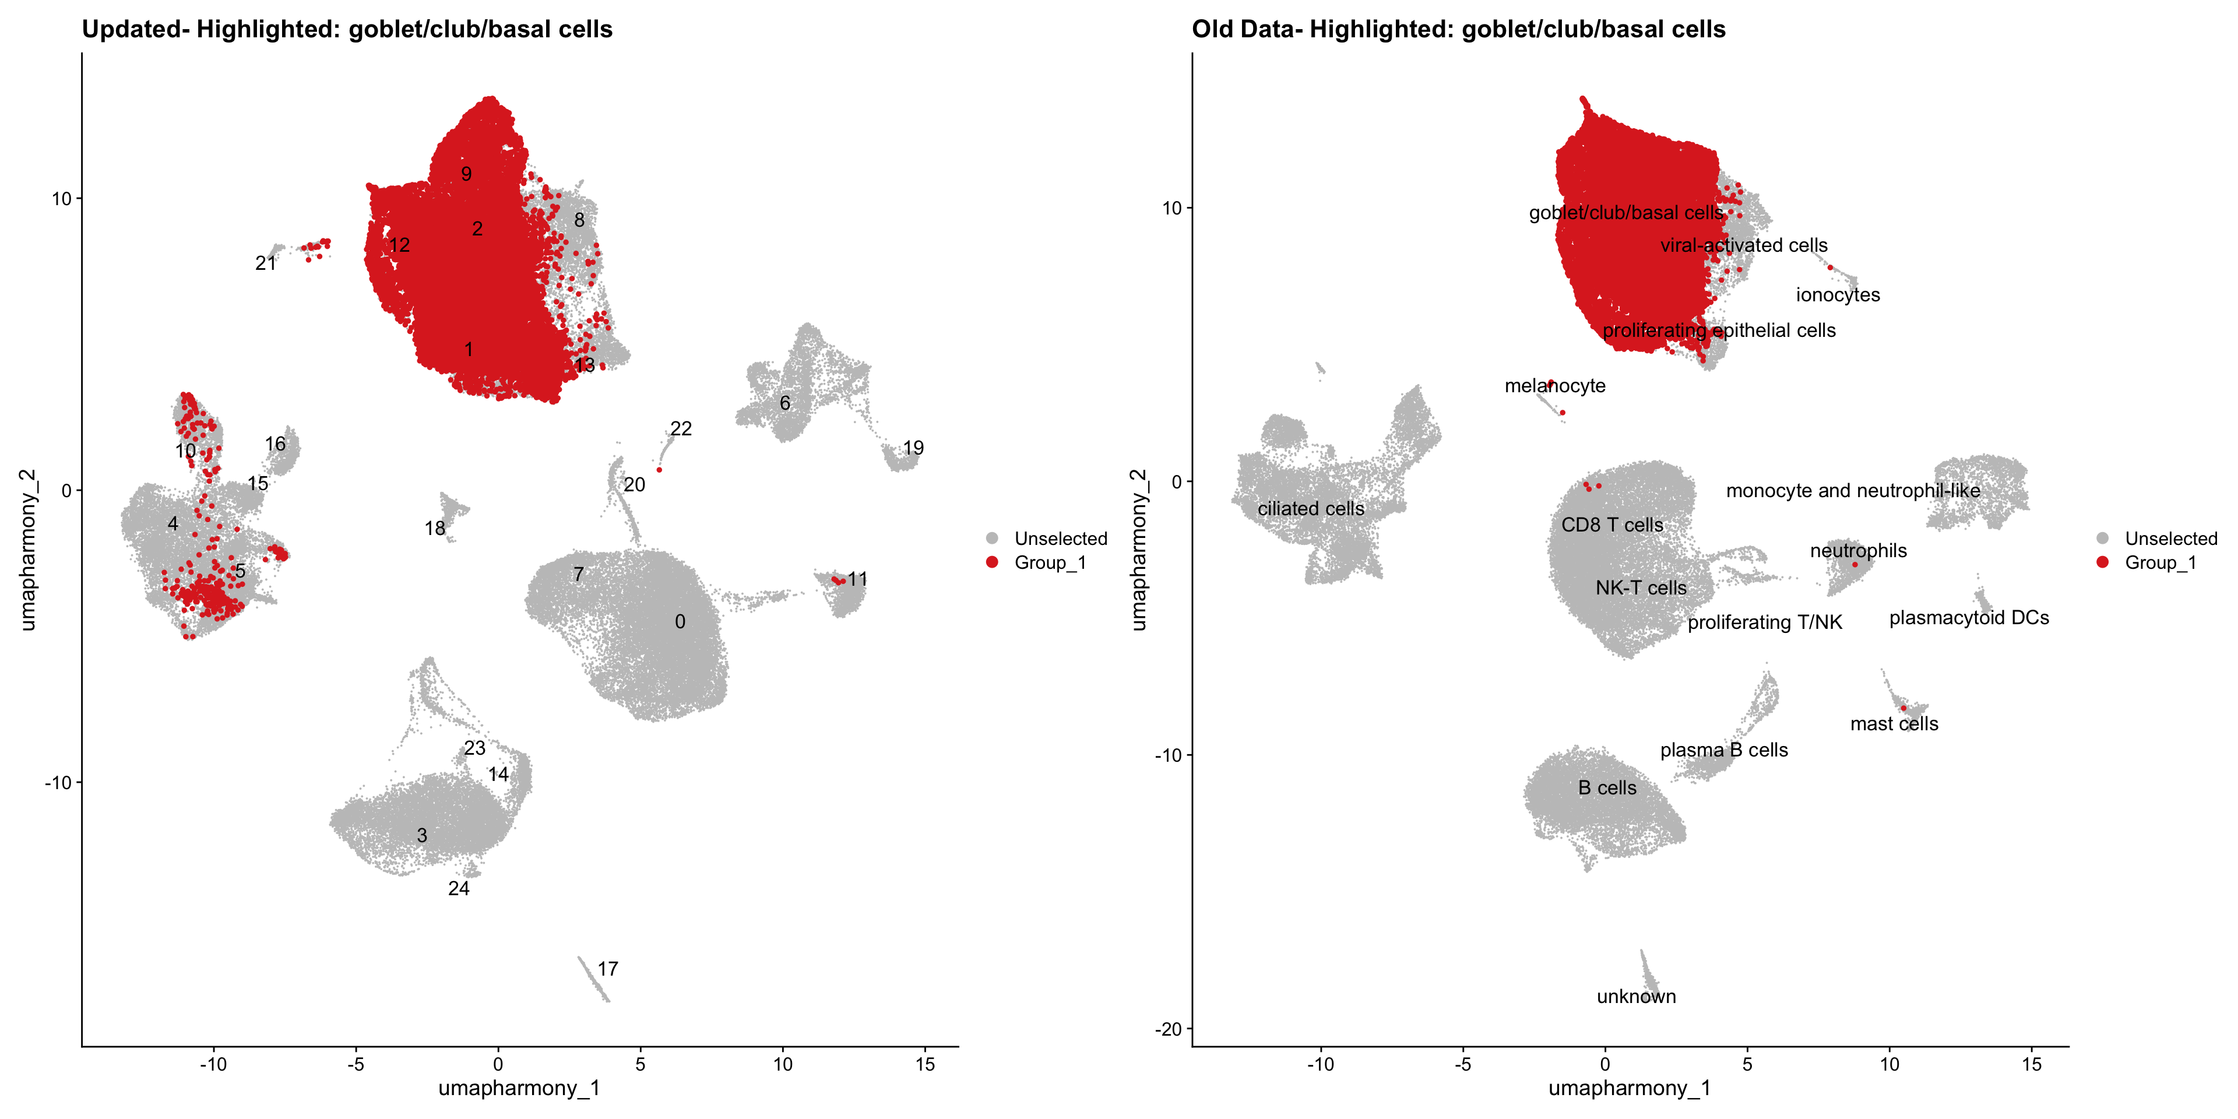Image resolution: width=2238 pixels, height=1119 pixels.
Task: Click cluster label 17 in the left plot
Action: [x=607, y=969]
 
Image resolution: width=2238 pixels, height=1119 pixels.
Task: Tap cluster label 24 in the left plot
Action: [x=459, y=888]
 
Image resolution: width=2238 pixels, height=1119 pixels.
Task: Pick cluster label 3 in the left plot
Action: [x=422, y=835]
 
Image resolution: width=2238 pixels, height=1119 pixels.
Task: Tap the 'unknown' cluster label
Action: [x=1636, y=997]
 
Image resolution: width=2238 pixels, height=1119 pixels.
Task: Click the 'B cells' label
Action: [x=1607, y=788]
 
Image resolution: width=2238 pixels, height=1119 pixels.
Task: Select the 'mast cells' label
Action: [x=1894, y=724]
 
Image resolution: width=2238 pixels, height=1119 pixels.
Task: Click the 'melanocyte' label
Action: [x=1555, y=386]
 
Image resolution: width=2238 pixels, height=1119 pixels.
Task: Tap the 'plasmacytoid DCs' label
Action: [x=1969, y=618]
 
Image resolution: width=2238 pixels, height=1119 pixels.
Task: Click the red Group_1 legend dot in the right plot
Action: [x=2102, y=562]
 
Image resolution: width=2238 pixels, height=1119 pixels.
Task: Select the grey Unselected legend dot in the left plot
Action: [x=992, y=539]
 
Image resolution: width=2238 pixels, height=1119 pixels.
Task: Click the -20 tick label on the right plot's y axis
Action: [x=1167, y=1029]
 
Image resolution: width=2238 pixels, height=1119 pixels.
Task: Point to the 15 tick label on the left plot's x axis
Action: [x=926, y=1064]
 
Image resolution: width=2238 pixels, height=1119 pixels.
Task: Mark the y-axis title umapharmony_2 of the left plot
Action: [x=28, y=549]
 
